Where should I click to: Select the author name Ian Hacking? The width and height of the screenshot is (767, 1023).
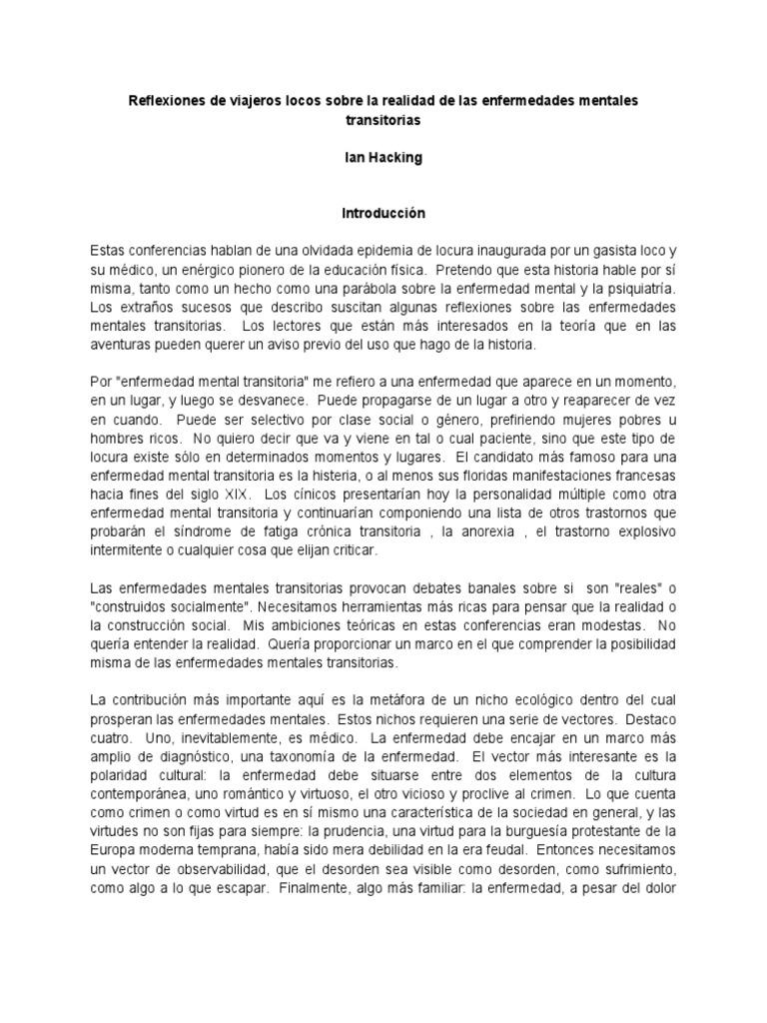383,158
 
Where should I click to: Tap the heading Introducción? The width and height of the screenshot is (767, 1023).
383,213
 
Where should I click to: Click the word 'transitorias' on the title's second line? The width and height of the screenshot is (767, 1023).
383,120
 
